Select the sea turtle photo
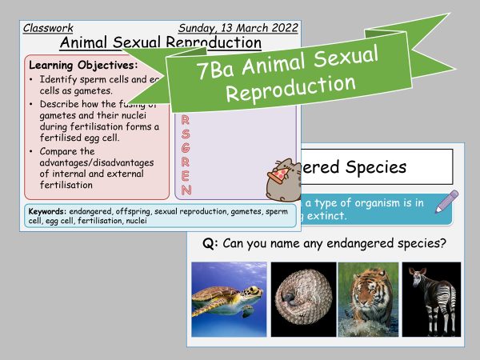223,300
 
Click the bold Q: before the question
210,244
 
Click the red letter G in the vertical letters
186,149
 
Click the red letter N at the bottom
186,190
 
